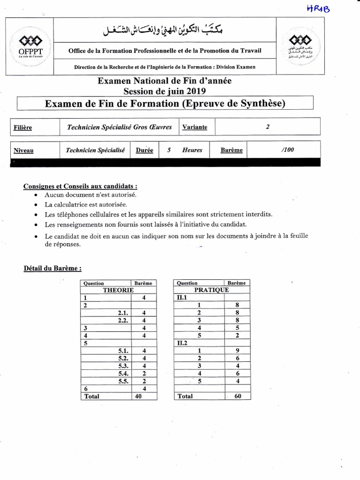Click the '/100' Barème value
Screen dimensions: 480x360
pyautogui.click(x=283, y=150)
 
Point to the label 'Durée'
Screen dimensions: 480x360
pyautogui.click(x=144, y=150)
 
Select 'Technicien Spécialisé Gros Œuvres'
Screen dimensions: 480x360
pyautogui.click(x=119, y=127)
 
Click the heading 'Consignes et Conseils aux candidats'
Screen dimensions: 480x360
pyautogui.click(x=80, y=186)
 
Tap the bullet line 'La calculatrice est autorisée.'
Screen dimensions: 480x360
pyautogui.click(x=85, y=204)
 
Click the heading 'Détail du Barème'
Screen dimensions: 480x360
pyautogui.click(x=53, y=269)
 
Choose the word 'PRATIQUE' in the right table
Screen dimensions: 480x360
pyautogui.click(x=211, y=290)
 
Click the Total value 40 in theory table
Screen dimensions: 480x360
pyautogui.click(x=138, y=396)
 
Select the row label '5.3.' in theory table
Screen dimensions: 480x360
pyautogui.click(x=124, y=366)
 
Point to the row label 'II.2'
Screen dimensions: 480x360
pyautogui.click(x=181, y=343)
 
